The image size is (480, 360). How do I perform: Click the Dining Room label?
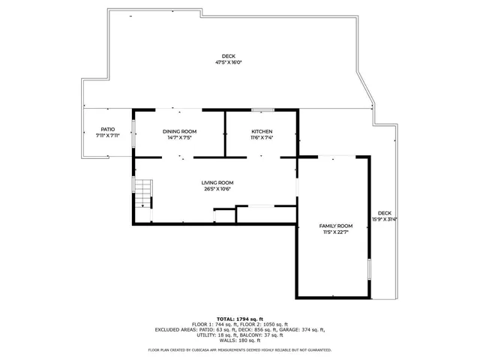[179, 131]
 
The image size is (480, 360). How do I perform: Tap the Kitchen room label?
[262, 131]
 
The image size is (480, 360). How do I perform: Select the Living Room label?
[217, 182]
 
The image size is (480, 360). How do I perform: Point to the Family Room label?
[335, 226]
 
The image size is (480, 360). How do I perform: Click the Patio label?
[108, 129]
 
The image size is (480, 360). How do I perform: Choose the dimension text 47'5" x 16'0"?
[229, 63]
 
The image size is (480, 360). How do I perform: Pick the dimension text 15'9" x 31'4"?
[385, 219]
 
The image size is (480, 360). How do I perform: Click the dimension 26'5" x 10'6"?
[217, 188]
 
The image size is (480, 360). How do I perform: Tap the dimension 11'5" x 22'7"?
[335, 232]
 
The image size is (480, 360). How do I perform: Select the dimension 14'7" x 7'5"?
[179, 137]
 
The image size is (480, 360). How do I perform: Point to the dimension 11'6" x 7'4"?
[262, 137]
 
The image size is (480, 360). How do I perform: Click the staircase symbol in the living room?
[142, 193]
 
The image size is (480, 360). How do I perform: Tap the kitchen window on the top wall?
[262, 110]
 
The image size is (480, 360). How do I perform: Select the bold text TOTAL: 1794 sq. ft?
[240, 318]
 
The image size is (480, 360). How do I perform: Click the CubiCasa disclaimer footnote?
[240, 349]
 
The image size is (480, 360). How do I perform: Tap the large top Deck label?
[228, 56]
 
